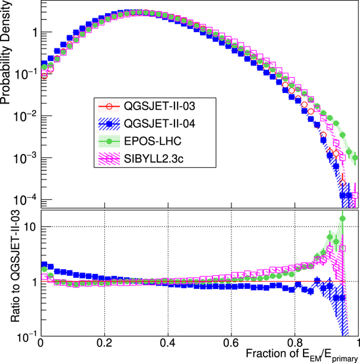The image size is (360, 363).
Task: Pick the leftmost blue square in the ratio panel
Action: point(44,265)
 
